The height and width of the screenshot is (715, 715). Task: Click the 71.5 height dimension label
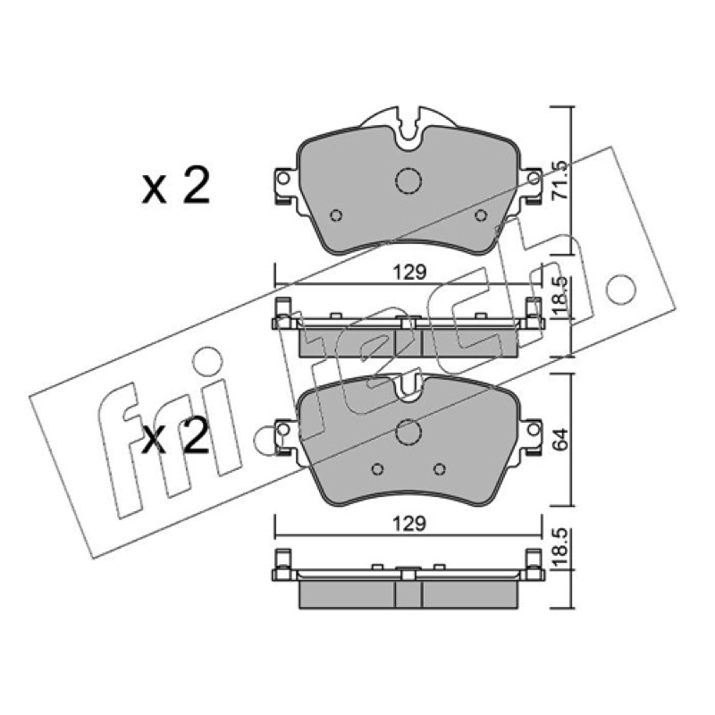[x=559, y=180]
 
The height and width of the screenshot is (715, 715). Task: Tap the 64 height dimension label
[x=560, y=439]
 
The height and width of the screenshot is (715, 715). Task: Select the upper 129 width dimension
[x=410, y=273]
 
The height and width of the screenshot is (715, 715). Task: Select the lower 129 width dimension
[x=410, y=524]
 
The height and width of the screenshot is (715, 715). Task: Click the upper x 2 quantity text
[x=176, y=185]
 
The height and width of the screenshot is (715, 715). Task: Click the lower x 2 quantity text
[x=176, y=436]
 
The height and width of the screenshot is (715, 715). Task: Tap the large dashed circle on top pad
[x=408, y=181]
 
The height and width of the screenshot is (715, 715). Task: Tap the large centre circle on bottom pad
[x=408, y=432]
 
